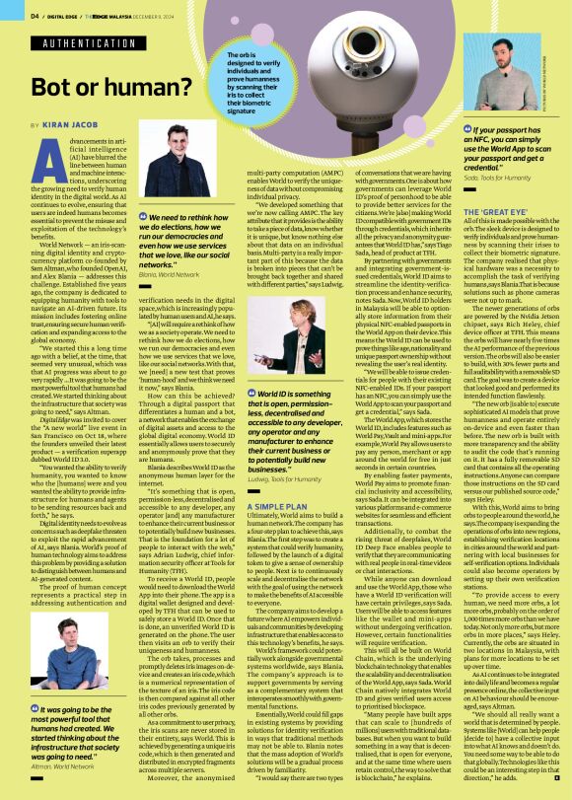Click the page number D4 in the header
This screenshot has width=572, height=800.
35,16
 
